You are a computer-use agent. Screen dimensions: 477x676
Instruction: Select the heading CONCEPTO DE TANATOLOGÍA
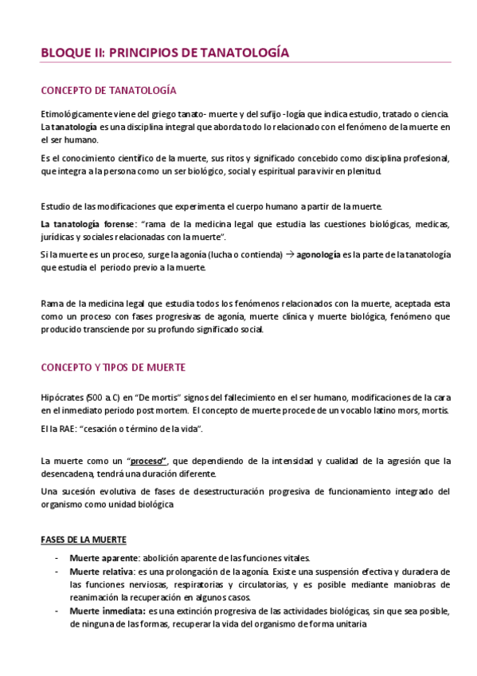108,90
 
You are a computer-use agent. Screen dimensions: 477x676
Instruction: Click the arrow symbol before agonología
290,254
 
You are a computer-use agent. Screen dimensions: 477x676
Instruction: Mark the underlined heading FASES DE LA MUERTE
83,540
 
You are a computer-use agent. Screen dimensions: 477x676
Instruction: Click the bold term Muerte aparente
102,558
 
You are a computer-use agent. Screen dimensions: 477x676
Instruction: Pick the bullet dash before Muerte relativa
57,572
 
